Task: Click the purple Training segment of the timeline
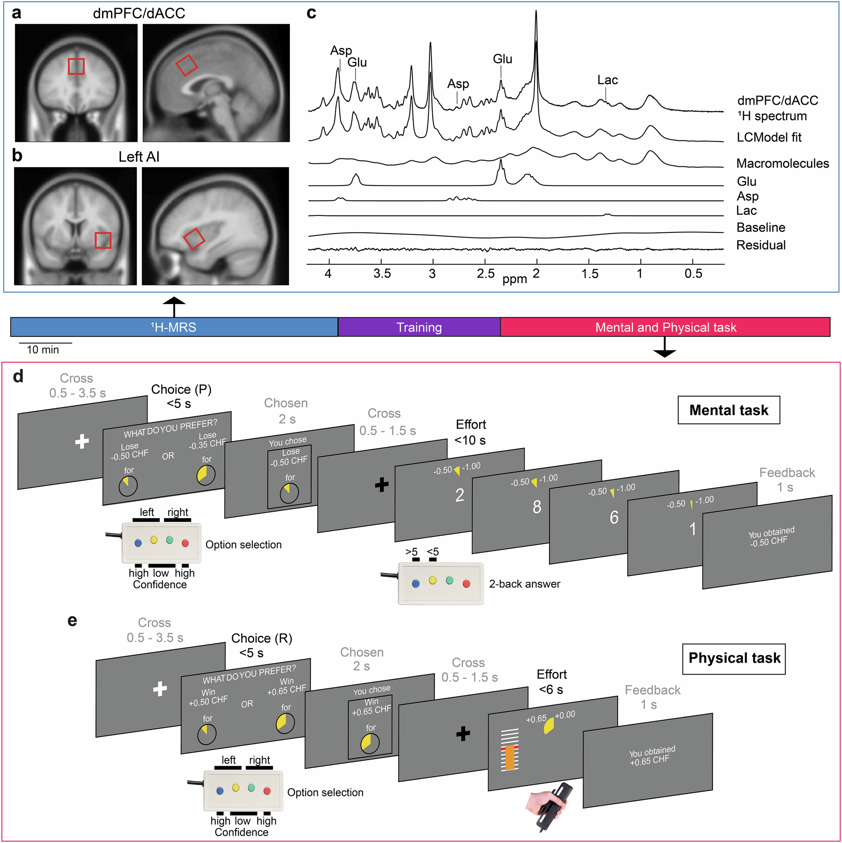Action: (419, 327)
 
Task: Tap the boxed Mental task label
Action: (729, 410)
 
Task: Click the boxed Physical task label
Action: (734, 658)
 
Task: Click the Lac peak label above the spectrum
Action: (607, 80)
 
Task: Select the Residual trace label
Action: (761, 245)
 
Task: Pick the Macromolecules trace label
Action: (782, 164)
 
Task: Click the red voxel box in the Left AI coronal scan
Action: (103, 240)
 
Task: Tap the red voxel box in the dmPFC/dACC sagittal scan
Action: (187, 65)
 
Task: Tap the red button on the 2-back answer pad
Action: (466, 584)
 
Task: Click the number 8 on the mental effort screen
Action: (537, 507)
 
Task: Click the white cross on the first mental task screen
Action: (82, 442)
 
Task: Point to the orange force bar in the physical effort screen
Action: (510, 757)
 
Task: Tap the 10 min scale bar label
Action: (43, 350)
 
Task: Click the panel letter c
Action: (311, 13)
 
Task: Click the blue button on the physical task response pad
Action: (220, 791)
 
